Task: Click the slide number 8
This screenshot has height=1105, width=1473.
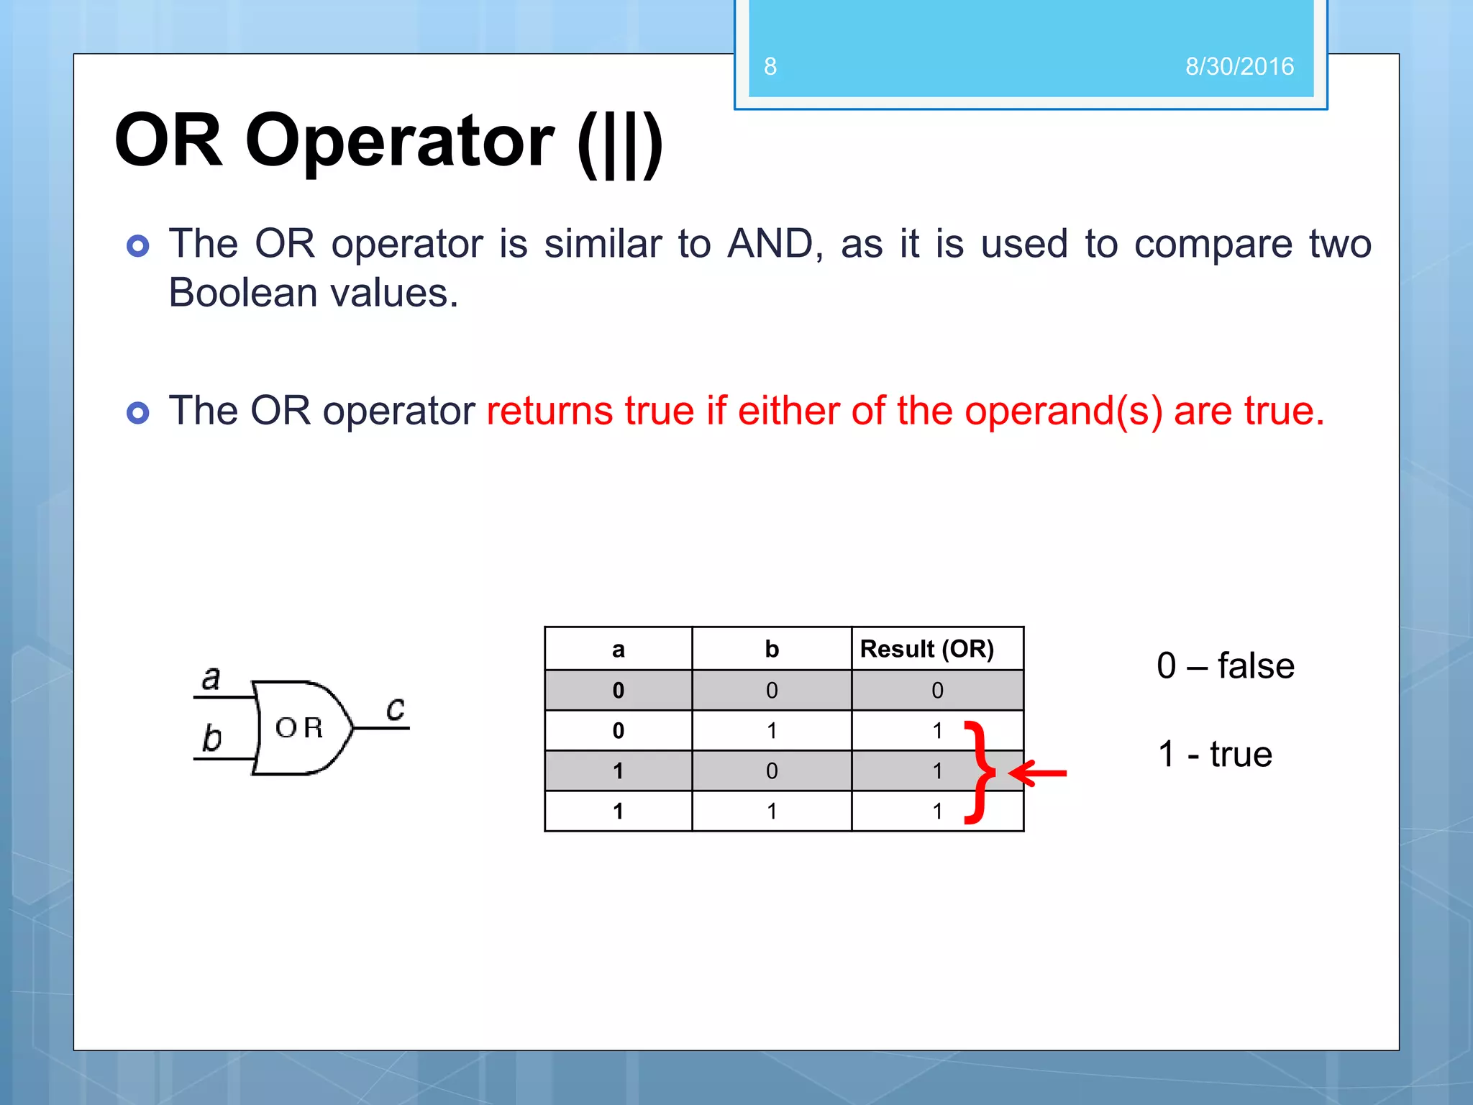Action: click(x=770, y=66)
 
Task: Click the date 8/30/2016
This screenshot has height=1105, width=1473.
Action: click(x=1239, y=66)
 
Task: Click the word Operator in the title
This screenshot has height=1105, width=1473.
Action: click(x=399, y=141)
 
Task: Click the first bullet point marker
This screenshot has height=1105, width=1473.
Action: click(x=137, y=246)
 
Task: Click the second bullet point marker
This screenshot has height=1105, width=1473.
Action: click(x=137, y=413)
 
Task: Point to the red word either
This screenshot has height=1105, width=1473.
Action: click(x=789, y=411)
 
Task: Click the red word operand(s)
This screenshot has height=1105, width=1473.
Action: click(x=1063, y=412)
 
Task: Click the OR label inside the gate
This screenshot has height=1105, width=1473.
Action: click(x=299, y=728)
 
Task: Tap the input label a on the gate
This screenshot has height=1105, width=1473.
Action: click(x=210, y=678)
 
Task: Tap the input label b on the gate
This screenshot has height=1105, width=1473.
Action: click(x=211, y=738)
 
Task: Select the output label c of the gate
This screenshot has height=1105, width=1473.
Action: click(x=395, y=709)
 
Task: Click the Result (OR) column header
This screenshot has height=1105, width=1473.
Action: click(x=926, y=649)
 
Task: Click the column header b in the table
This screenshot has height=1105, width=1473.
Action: click(x=771, y=649)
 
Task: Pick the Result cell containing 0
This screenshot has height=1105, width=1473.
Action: click(x=936, y=691)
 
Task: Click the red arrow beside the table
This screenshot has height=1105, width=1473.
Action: click(x=1038, y=773)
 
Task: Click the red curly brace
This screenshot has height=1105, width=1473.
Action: click(x=980, y=772)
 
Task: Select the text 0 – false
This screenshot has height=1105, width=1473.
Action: click(x=1225, y=665)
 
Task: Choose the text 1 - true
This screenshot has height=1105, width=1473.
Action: click(x=1215, y=754)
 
